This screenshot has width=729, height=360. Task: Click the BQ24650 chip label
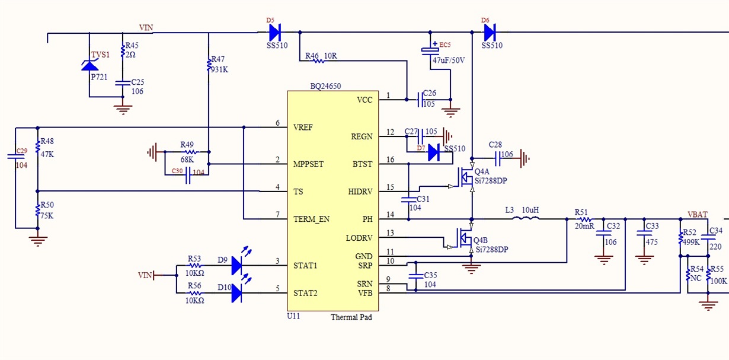point(325,85)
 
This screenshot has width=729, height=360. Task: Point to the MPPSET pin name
point(308,164)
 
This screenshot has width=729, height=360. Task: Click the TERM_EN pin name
point(311,219)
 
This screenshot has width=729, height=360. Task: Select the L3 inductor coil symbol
point(526,219)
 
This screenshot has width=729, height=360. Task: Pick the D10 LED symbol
point(237,293)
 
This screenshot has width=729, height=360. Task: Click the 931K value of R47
point(220,69)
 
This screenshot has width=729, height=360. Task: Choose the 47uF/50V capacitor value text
point(449,60)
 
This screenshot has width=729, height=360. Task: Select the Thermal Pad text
point(351,318)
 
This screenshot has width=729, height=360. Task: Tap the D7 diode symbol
point(433,152)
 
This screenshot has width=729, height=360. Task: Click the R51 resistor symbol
point(583,219)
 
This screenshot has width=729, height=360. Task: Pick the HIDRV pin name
point(360,191)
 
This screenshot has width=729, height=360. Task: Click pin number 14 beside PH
point(389,214)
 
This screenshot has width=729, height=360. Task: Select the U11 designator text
point(294,316)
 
